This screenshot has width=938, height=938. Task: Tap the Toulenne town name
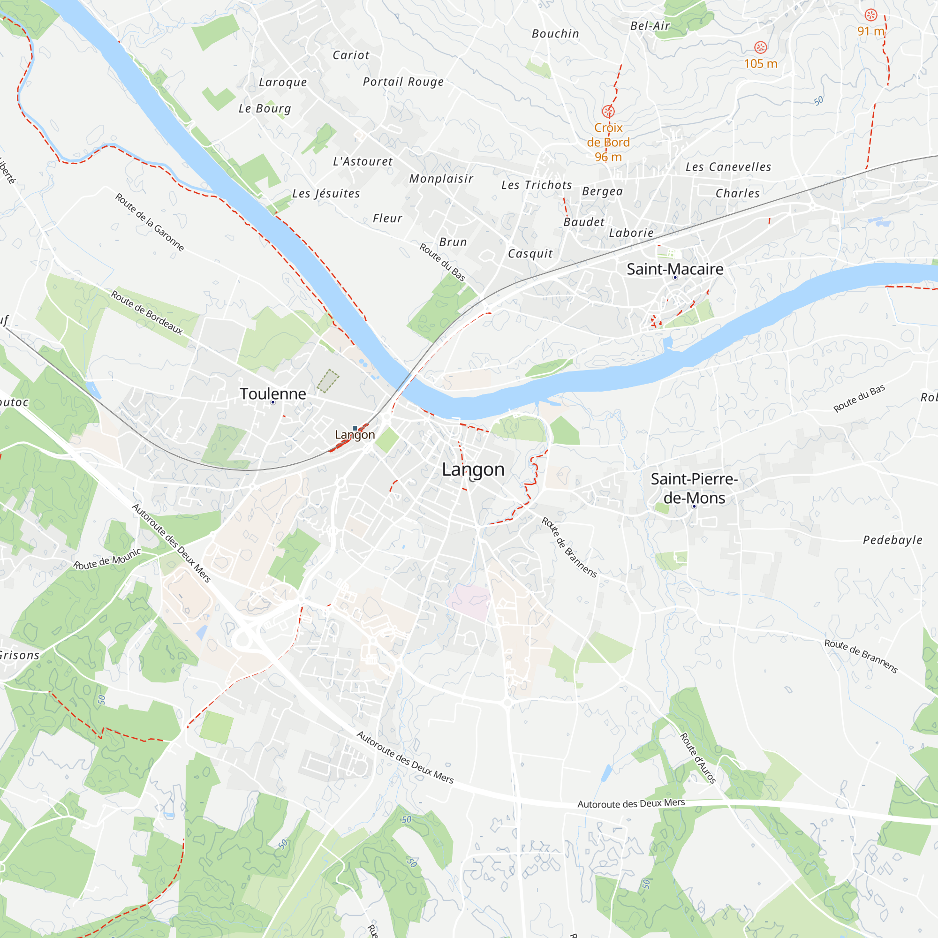pyautogui.click(x=273, y=394)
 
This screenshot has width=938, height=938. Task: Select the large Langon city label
pyautogui.click(x=473, y=469)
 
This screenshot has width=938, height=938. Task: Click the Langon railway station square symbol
pyautogui.click(x=355, y=428)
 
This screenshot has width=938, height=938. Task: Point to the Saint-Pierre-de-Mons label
pyautogui.click(x=694, y=488)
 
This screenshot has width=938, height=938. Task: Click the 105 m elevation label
pyautogui.click(x=760, y=64)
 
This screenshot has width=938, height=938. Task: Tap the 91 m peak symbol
pyautogui.click(x=871, y=15)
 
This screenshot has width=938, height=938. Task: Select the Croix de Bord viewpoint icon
pyautogui.click(x=608, y=112)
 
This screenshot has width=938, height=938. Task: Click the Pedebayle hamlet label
pyautogui.click(x=893, y=540)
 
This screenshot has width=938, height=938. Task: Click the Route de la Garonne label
pyautogui.click(x=150, y=222)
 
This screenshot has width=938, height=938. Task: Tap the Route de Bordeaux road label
pyautogui.click(x=147, y=313)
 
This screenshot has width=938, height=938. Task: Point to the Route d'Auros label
pyautogui.click(x=697, y=758)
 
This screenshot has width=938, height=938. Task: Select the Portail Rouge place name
pyautogui.click(x=403, y=82)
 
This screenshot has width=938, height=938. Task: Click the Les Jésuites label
pyautogui.click(x=326, y=193)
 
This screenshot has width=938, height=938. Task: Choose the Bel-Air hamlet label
pyautogui.click(x=650, y=26)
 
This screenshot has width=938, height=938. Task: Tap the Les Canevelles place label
pyautogui.click(x=728, y=167)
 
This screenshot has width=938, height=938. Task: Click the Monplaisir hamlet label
pyautogui.click(x=441, y=179)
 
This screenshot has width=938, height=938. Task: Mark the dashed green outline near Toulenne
pyautogui.click(x=328, y=381)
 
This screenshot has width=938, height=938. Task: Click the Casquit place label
pyautogui.click(x=530, y=253)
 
